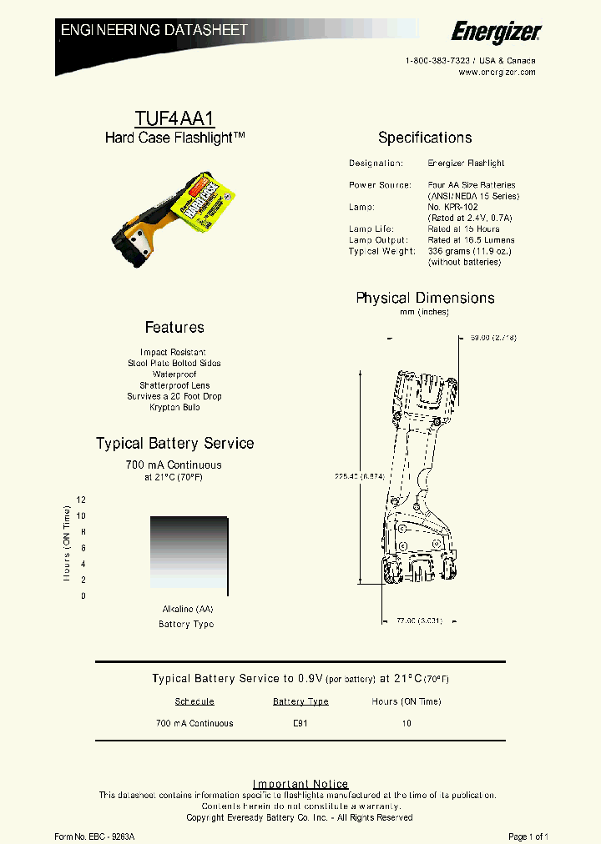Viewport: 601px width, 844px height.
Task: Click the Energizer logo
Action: click(496, 32)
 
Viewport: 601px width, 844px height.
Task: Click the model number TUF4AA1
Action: click(174, 118)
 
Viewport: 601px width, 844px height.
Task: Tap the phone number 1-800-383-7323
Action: click(438, 61)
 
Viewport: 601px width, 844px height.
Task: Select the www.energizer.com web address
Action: click(497, 73)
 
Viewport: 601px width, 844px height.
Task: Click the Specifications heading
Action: click(425, 138)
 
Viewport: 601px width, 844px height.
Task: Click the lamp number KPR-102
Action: click(453, 207)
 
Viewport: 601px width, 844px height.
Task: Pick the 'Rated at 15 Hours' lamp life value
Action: click(463, 229)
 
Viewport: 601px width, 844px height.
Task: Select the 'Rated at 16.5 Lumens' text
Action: click(471, 240)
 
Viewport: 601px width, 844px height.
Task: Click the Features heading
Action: click(174, 328)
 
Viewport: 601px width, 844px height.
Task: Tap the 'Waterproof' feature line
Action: click(174, 374)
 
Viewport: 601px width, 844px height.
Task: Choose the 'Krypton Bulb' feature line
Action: click(174, 408)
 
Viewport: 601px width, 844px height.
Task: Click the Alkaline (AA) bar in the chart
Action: click(189, 555)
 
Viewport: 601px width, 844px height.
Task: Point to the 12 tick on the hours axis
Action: click(82, 500)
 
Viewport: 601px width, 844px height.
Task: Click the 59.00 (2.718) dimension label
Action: click(493, 338)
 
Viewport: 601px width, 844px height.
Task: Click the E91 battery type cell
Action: click(300, 723)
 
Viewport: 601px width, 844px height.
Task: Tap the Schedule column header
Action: click(194, 701)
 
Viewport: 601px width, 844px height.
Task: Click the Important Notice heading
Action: click(300, 784)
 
